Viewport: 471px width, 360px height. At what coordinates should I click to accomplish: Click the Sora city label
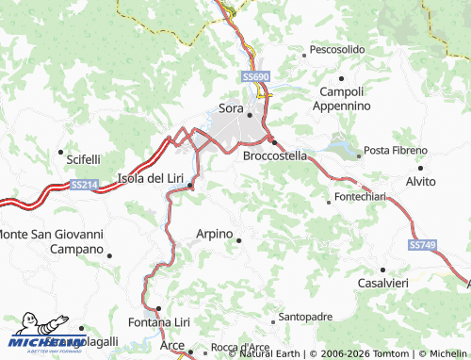231,107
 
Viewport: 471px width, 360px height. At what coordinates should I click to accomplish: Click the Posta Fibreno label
390,151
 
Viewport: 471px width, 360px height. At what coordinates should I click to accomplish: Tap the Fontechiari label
359,199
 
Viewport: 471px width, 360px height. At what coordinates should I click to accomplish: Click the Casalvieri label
382,283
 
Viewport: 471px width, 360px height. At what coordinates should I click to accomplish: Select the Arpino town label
214,233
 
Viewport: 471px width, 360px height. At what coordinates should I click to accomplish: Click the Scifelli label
83,159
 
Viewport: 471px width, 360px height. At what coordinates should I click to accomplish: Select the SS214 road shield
84,185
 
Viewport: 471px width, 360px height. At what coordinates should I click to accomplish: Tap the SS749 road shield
423,244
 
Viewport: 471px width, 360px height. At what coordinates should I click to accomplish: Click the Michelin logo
45,337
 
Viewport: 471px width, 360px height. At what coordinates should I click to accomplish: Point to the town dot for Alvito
421,166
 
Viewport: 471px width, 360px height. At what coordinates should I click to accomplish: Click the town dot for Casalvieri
382,270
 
